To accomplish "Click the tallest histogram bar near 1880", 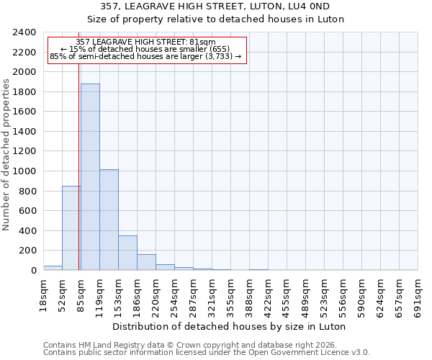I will pyautogui.click(x=90, y=177).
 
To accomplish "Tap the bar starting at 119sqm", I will pyautogui.click(x=109, y=220).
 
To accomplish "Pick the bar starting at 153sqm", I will pyautogui.click(x=127, y=253).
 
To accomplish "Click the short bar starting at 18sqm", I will pyautogui.click(x=53, y=268).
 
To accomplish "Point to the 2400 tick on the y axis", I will pyautogui.click(x=24, y=33).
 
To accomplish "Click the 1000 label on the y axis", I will pyautogui.click(x=24, y=171).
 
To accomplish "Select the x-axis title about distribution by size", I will pyautogui.click(x=230, y=326).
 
